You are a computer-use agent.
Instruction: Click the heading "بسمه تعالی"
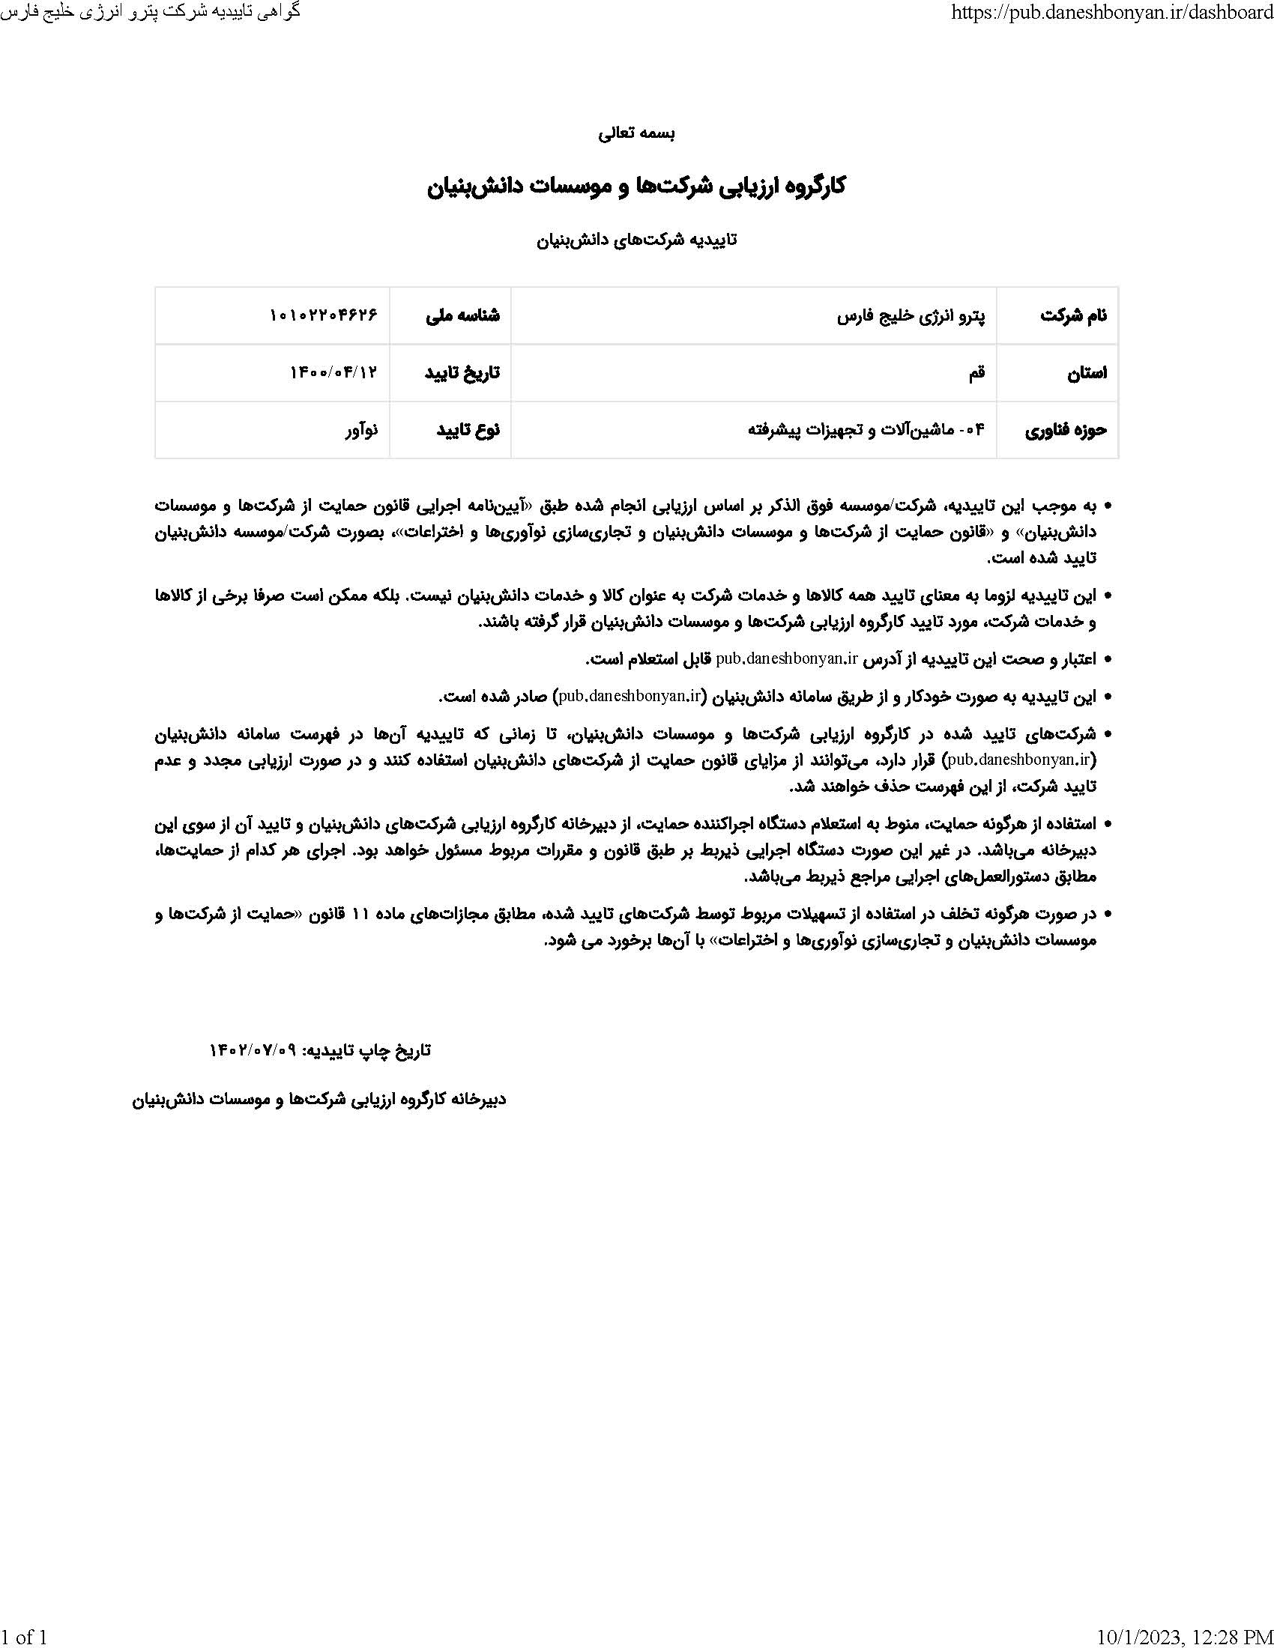636,133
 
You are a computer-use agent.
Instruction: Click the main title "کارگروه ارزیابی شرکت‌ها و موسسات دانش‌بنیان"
636,187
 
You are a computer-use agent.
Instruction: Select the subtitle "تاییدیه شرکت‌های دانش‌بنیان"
636,240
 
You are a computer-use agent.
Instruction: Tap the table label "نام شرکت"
1073,315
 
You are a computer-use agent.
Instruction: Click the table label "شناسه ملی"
462,315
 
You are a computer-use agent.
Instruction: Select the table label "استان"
1087,373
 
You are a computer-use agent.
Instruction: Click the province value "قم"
976,373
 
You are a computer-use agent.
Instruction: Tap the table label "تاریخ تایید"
462,373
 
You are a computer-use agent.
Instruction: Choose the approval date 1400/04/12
333,373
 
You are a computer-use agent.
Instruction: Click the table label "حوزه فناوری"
1066,430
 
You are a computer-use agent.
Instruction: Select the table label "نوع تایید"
468,430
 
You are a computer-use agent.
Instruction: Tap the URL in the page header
1112,12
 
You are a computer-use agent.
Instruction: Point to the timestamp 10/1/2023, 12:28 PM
1184,1636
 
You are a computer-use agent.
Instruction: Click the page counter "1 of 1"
24,1636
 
